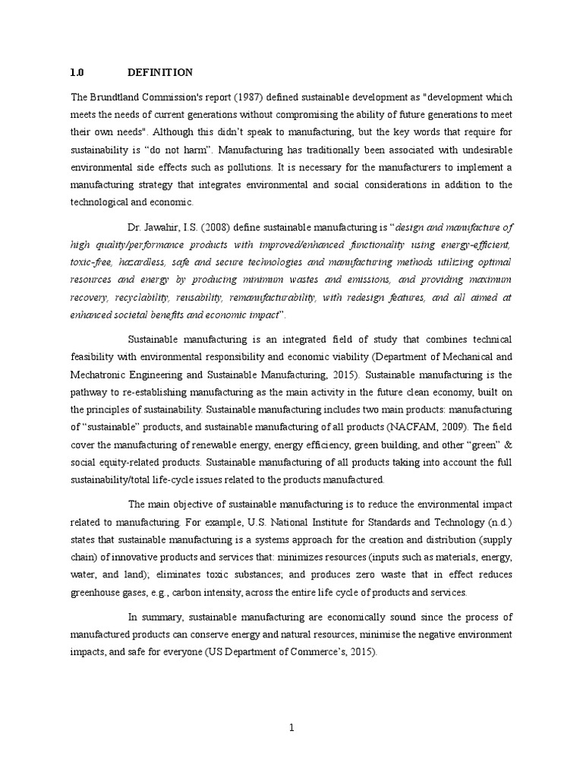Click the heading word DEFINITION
(x=161, y=73)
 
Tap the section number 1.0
(x=77, y=73)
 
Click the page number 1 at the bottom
(x=291, y=727)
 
